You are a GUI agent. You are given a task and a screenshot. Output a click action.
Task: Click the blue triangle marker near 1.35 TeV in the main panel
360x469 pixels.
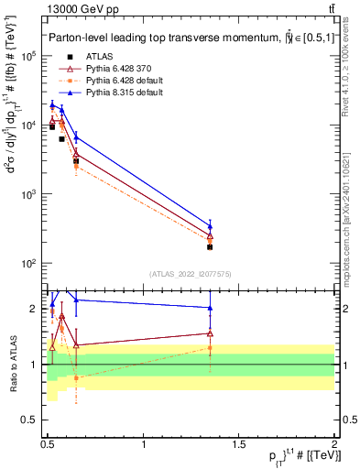(210, 226)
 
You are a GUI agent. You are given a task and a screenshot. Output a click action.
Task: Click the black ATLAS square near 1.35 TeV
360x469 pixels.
(210, 246)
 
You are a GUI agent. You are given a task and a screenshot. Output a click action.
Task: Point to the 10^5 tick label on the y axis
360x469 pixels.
(27, 56)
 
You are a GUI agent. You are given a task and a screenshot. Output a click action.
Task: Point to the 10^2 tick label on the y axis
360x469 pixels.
(27, 264)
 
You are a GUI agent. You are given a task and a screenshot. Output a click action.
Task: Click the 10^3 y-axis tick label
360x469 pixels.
(27, 194)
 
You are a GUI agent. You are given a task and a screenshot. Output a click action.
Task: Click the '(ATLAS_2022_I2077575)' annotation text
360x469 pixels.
(190, 274)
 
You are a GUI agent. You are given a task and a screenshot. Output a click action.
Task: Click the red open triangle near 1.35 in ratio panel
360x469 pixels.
(210, 333)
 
